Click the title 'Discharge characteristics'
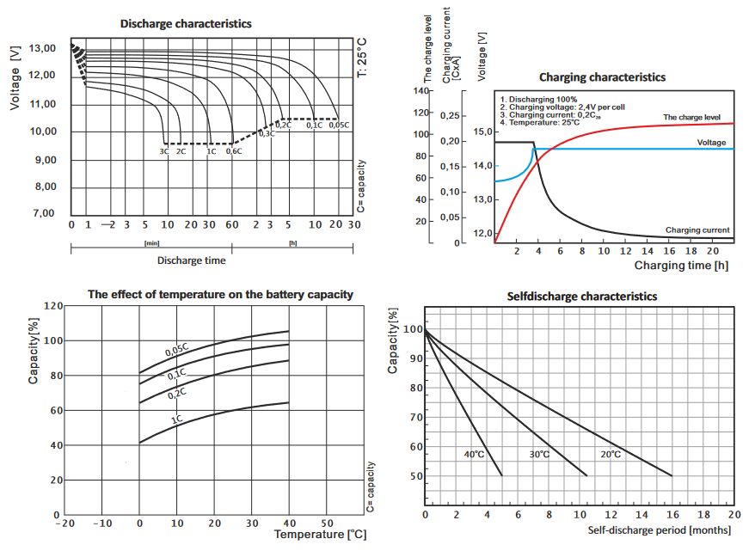(x=186, y=24)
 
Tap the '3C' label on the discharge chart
(x=163, y=151)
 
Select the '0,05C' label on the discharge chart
(x=339, y=126)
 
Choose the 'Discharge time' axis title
(x=191, y=260)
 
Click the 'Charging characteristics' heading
(x=602, y=77)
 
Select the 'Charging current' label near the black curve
(x=697, y=230)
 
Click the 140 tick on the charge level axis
(x=420, y=90)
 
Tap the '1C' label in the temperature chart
(x=176, y=419)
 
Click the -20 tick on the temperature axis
(x=64, y=522)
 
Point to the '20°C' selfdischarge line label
(x=610, y=454)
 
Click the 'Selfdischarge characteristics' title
(x=583, y=296)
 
